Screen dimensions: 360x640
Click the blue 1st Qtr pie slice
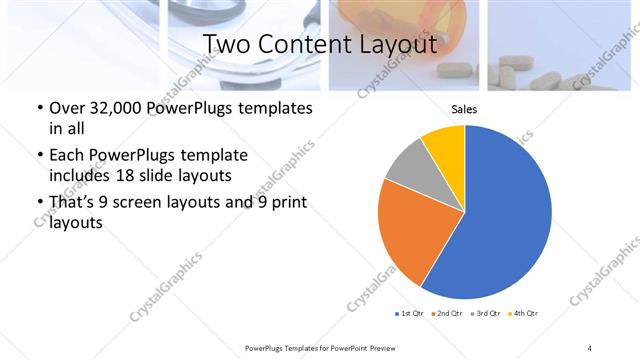505,215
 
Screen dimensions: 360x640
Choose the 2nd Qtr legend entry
446,314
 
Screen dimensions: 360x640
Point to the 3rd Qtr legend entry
484,314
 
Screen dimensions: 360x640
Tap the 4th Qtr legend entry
522,314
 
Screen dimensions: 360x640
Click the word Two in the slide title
225,45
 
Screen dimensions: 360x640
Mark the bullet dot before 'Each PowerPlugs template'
39,156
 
